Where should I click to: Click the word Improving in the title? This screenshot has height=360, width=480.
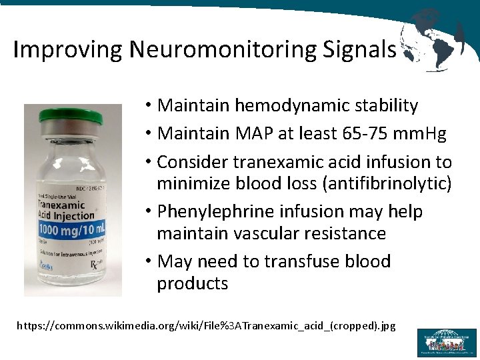click(x=68, y=49)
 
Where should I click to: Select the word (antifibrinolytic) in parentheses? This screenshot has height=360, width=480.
click(x=379, y=183)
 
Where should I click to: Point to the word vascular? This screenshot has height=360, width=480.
click(x=275, y=233)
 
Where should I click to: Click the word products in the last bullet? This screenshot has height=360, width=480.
click(x=192, y=283)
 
